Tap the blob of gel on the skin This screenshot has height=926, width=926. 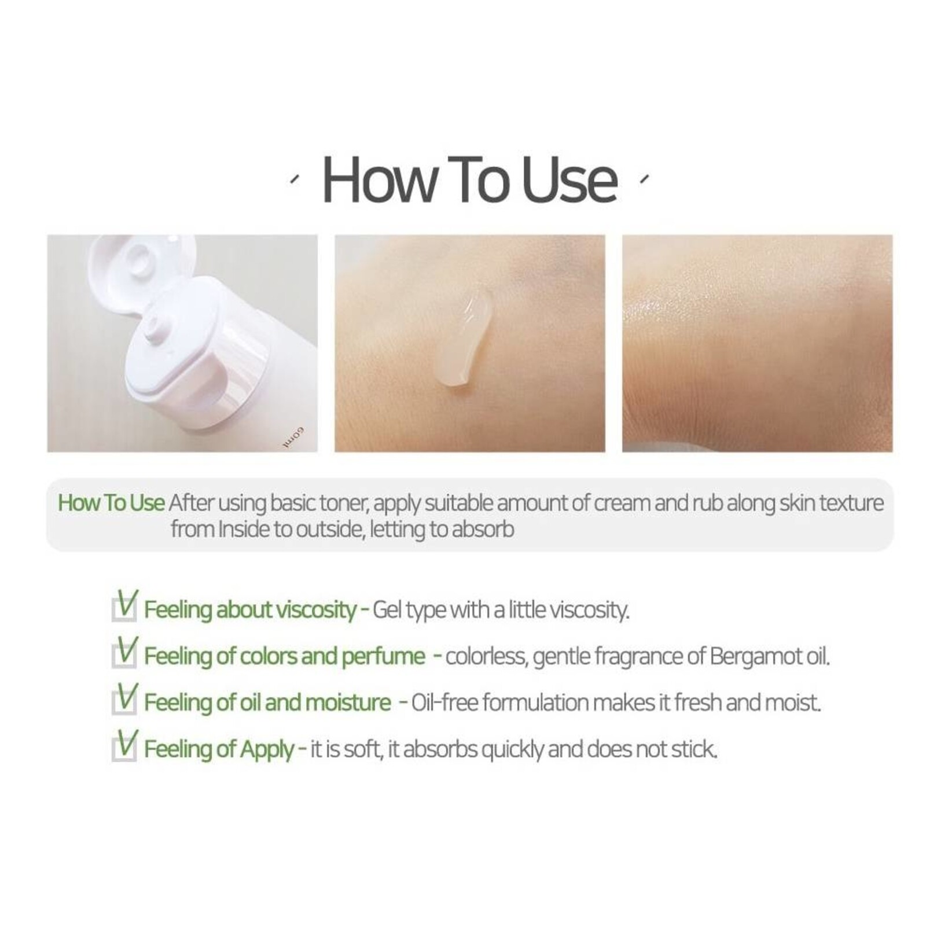[x=465, y=338]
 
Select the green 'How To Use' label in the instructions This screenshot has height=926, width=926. [x=111, y=502]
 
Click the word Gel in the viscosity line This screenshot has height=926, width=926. [x=387, y=610]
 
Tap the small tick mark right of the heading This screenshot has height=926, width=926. [x=644, y=179]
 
